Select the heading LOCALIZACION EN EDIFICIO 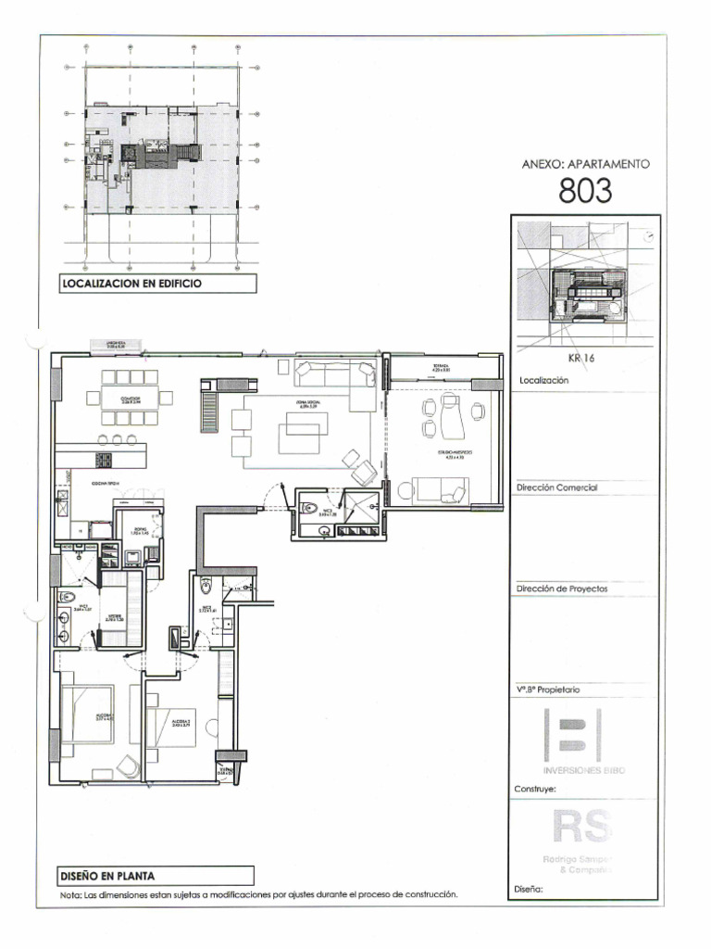(130, 285)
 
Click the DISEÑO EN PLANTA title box (108, 875)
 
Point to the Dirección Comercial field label (558, 487)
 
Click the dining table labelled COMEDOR (130, 398)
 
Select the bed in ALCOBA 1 (90, 715)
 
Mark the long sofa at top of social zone (334, 374)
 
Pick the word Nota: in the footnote (70, 895)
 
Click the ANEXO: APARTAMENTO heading (585, 164)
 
